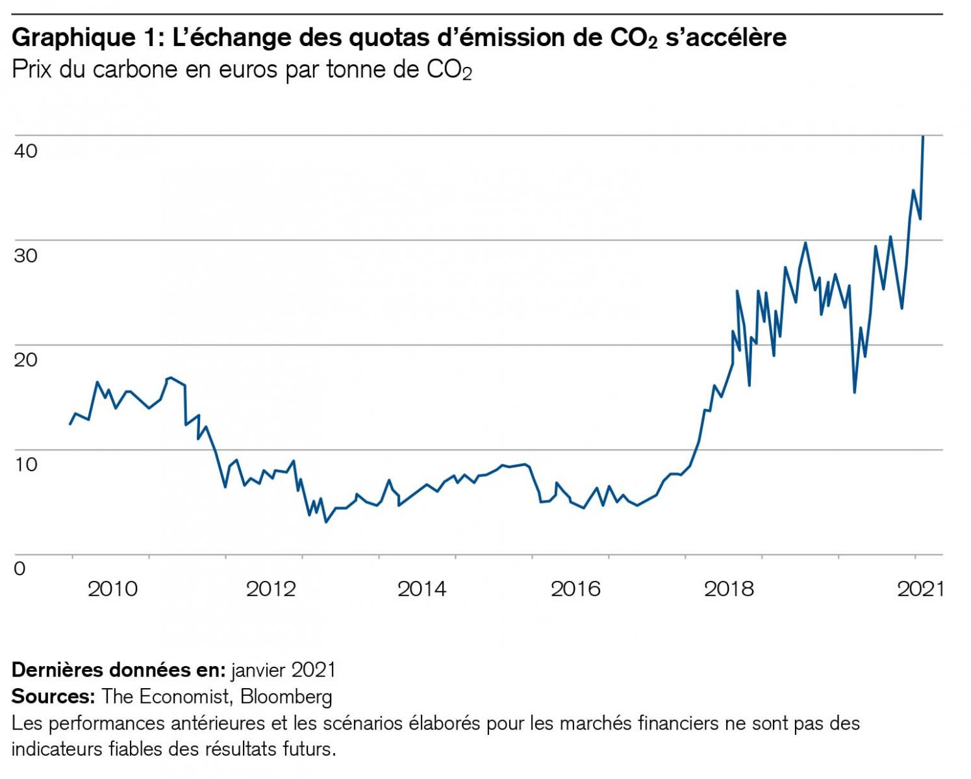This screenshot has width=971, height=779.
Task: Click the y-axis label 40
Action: [26, 151]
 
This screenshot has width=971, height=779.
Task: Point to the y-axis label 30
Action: [26, 255]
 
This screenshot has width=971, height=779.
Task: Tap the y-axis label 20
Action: [26, 359]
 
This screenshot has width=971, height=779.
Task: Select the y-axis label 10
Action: [26, 464]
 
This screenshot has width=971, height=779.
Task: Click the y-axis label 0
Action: [20, 569]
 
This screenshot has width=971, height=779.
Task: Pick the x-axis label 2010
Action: [112, 589]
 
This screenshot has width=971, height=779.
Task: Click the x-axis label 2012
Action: [271, 589]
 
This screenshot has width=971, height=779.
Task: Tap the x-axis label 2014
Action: [422, 589]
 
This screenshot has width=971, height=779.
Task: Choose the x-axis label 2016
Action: [575, 589]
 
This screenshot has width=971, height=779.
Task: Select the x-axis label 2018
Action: [729, 589]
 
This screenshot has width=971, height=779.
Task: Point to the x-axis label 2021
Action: [920, 589]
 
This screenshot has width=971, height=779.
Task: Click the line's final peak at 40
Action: [923, 136]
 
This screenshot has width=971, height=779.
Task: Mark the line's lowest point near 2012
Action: [326, 522]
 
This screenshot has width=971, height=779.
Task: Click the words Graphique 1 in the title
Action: [84, 38]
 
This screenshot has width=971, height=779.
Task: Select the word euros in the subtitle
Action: [249, 69]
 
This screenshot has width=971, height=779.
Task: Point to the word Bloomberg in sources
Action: [286, 697]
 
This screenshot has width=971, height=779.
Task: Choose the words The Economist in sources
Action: [166, 697]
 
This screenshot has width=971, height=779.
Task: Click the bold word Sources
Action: [53, 697]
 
